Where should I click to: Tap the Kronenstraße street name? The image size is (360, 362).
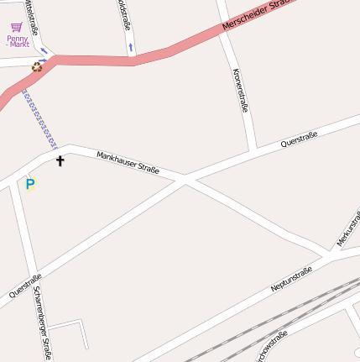(240, 90)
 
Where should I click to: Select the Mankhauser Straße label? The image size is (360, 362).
(128, 162)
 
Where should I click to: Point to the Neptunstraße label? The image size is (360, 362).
(291, 279)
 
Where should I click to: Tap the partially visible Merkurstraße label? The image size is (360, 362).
(347, 228)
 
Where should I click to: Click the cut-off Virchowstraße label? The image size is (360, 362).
(272, 346)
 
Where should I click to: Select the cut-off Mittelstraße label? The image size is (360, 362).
(31, 16)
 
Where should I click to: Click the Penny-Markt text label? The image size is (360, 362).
(17, 40)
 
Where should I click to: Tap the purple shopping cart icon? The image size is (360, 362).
(16, 27)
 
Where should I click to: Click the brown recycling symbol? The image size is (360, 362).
(37, 67)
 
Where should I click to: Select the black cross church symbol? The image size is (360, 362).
(60, 160)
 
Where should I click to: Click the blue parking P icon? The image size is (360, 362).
(30, 183)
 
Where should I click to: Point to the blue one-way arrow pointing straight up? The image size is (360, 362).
(131, 46)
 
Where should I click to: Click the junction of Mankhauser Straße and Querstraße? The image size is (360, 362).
(185, 180)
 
